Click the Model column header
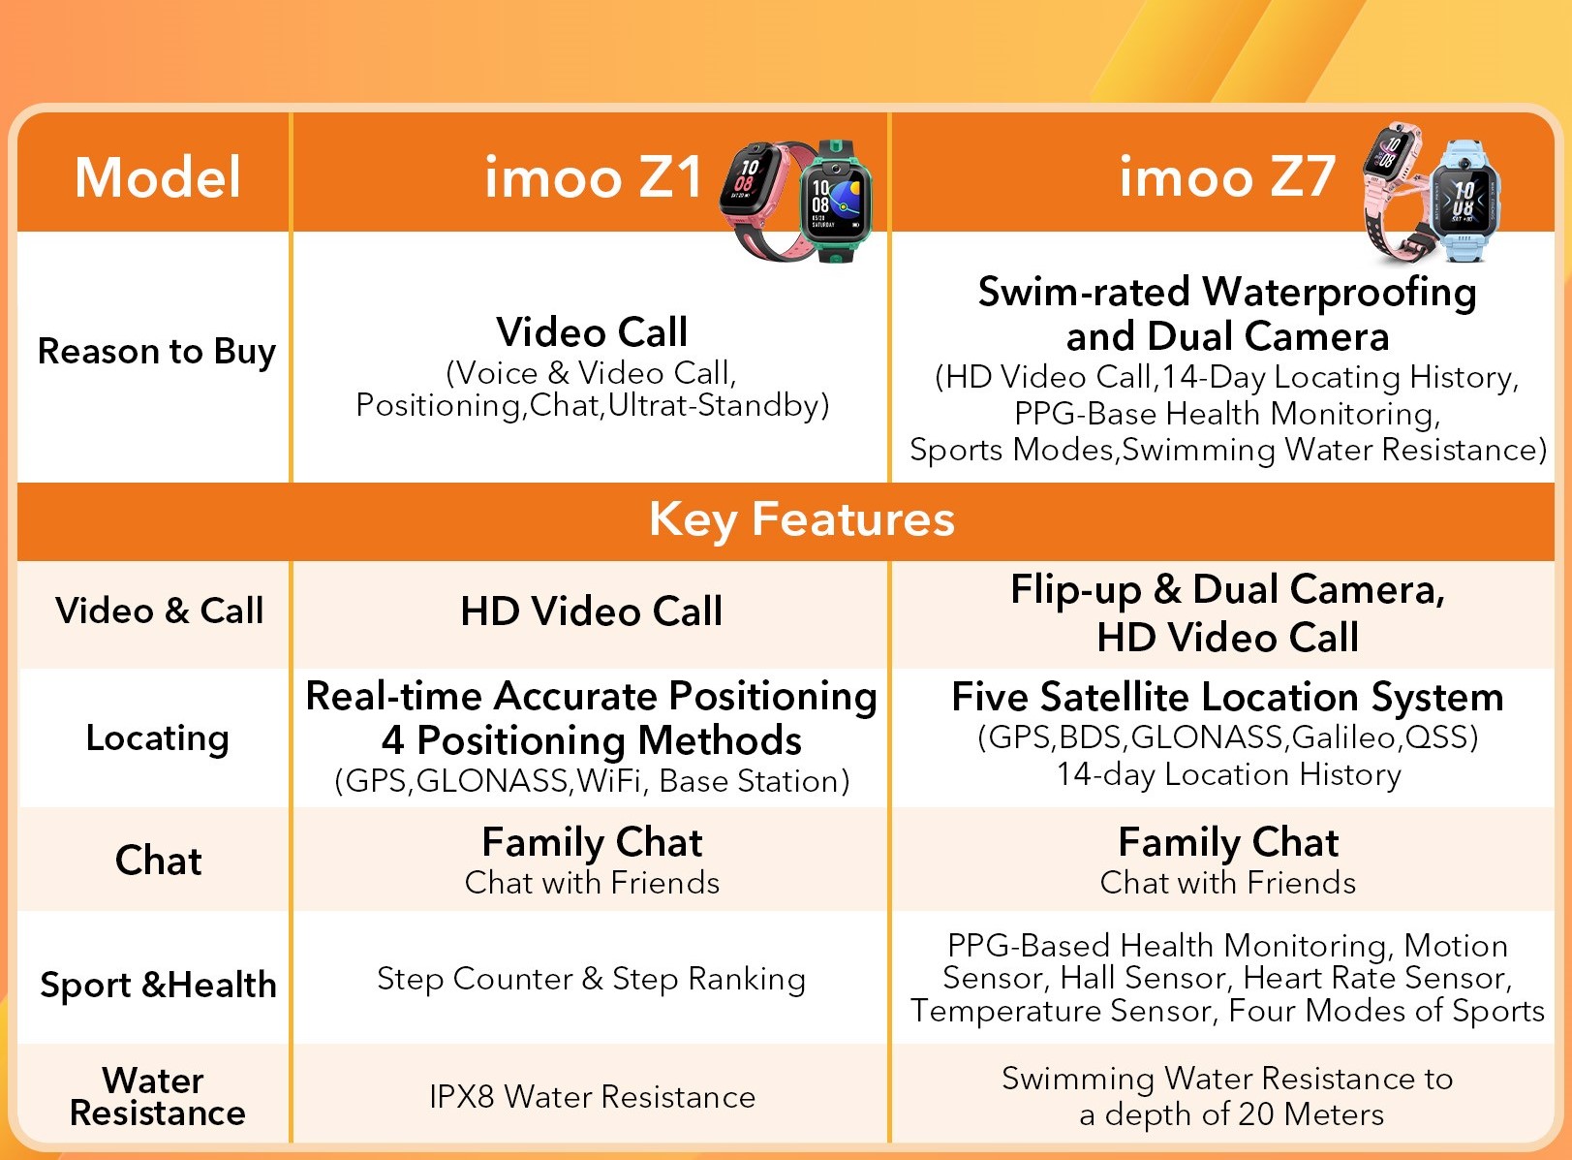point(158,177)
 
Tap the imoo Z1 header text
point(594,177)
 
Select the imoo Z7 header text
point(1227,176)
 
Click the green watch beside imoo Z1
point(836,201)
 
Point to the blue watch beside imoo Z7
point(1464,201)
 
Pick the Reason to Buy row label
point(157,352)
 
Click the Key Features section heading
point(801,520)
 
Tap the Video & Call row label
point(159,611)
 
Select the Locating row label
point(157,738)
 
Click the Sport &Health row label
point(159,985)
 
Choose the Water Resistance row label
point(157,1097)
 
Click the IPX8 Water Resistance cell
point(593,1097)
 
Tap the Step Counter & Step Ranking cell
point(591,979)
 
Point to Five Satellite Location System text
point(1227,698)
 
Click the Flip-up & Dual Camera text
point(1227,590)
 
